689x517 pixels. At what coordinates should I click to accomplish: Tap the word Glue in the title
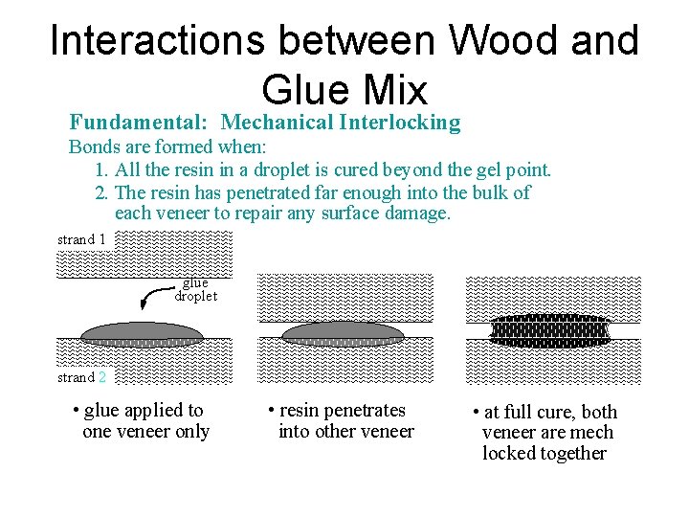tap(300, 89)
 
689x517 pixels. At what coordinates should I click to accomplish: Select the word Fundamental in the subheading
tap(139, 123)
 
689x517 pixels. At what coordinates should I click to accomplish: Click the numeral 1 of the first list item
tap(100, 170)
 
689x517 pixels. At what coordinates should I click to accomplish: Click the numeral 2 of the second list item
tap(100, 192)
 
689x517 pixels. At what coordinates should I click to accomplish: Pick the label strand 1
tap(81, 239)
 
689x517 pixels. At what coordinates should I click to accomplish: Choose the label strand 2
tap(81, 377)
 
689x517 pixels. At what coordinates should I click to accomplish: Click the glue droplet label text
tap(195, 289)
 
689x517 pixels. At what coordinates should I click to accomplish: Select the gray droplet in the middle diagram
tap(344, 331)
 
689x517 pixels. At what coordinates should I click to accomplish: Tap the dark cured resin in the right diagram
tap(548, 329)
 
